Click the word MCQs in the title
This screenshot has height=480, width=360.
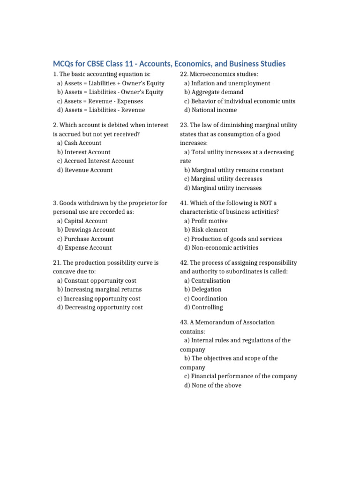63,64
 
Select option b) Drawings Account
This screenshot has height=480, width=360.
86,230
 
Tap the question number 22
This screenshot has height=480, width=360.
184,74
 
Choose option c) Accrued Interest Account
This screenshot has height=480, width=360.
95,161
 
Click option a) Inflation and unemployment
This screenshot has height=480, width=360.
227,83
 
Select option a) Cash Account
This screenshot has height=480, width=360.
79,143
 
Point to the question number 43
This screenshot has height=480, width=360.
184,322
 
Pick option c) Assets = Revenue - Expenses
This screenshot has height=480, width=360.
100,101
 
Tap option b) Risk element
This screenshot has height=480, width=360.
206,230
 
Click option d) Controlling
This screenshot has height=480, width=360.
203,307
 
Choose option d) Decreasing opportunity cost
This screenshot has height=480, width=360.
100,307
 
